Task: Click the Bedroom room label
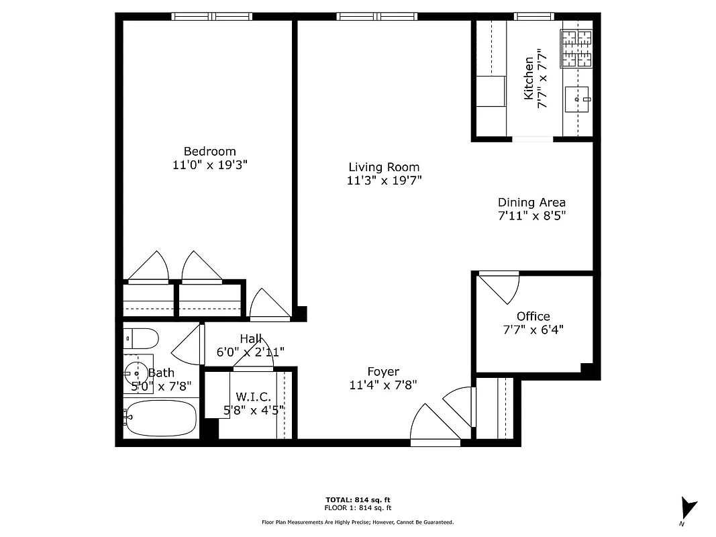click(210, 151)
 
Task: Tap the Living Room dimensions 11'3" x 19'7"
click(384, 181)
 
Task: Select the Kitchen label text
click(529, 78)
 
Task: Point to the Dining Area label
click(531, 202)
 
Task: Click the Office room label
click(533, 316)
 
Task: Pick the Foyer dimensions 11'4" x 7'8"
click(383, 385)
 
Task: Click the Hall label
click(250, 339)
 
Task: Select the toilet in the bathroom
click(141, 337)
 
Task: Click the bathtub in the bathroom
click(160, 418)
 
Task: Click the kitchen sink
click(577, 100)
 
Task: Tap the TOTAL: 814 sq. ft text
click(358, 500)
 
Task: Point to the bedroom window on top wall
click(211, 16)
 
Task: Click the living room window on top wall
click(376, 16)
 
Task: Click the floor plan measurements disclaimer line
click(358, 522)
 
